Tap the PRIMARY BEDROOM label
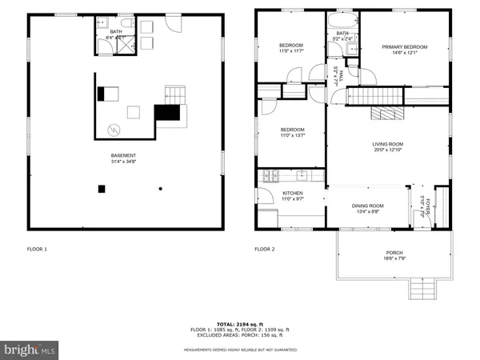pyautogui.click(x=404, y=47)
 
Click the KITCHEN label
pyautogui.click(x=291, y=194)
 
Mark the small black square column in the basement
pyautogui.click(x=102, y=189)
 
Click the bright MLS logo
pyautogui.click(x=30, y=349)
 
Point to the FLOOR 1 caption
pyautogui.click(x=37, y=250)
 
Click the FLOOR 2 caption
pyautogui.click(x=265, y=250)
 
